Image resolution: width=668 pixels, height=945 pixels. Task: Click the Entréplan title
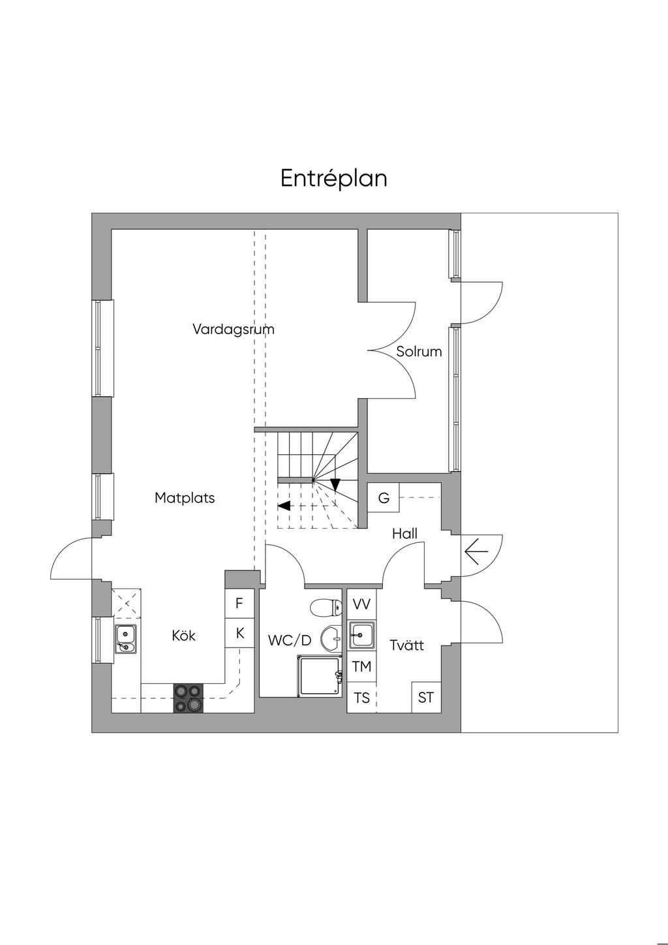(334, 178)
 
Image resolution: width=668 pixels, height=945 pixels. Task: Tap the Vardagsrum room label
(233, 329)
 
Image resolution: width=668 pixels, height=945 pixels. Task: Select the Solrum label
(419, 352)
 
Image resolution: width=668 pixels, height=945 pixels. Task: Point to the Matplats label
(185, 498)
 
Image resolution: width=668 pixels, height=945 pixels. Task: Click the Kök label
(183, 636)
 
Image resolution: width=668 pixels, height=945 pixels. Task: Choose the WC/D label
(289, 641)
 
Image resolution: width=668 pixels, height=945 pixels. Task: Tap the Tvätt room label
(406, 645)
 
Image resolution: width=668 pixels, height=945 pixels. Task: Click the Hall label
(404, 534)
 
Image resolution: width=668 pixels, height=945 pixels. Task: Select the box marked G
(384, 499)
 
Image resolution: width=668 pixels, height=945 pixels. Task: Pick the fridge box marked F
(239, 604)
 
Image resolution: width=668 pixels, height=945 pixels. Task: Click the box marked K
(239, 633)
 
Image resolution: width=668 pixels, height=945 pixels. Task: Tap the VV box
(361, 604)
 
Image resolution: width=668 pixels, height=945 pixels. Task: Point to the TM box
(361, 667)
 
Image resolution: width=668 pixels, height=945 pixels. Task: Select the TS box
(361, 698)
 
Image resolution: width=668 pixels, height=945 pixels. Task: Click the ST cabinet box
(425, 698)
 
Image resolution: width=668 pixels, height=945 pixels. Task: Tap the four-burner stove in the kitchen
(188, 698)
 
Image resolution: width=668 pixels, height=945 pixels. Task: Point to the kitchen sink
(125, 638)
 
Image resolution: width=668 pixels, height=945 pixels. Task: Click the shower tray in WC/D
(319, 675)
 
